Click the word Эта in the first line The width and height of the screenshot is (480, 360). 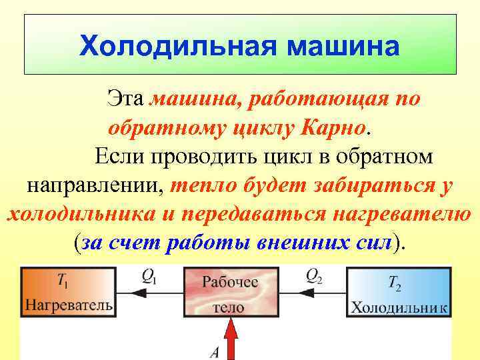(126, 100)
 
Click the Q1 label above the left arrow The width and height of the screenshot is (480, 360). (149, 276)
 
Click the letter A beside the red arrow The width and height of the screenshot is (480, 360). (213, 351)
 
